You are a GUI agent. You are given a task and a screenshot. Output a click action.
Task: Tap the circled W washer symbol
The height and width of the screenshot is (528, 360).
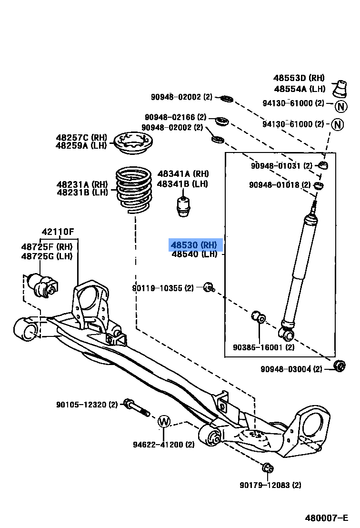(163, 421)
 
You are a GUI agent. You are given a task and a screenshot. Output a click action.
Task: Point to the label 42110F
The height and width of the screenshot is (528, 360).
(58, 232)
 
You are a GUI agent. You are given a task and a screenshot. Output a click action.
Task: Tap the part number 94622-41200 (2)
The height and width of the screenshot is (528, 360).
(163, 445)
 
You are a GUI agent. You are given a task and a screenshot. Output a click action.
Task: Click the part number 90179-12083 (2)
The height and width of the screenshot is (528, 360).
(270, 485)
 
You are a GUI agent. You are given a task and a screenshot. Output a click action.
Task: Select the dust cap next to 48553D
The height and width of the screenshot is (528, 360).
(341, 90)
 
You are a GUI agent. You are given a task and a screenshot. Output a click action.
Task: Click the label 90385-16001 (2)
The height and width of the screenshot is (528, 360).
(263, 347)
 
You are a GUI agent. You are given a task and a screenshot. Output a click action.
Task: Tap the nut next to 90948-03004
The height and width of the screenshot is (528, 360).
(340, 366)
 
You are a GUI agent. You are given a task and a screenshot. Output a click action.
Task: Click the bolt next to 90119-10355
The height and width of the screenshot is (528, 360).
(209, 287)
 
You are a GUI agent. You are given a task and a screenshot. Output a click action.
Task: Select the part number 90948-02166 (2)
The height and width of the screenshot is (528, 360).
(176, 117)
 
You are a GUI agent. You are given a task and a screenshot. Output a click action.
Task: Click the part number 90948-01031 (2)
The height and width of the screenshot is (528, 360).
(281, 166)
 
